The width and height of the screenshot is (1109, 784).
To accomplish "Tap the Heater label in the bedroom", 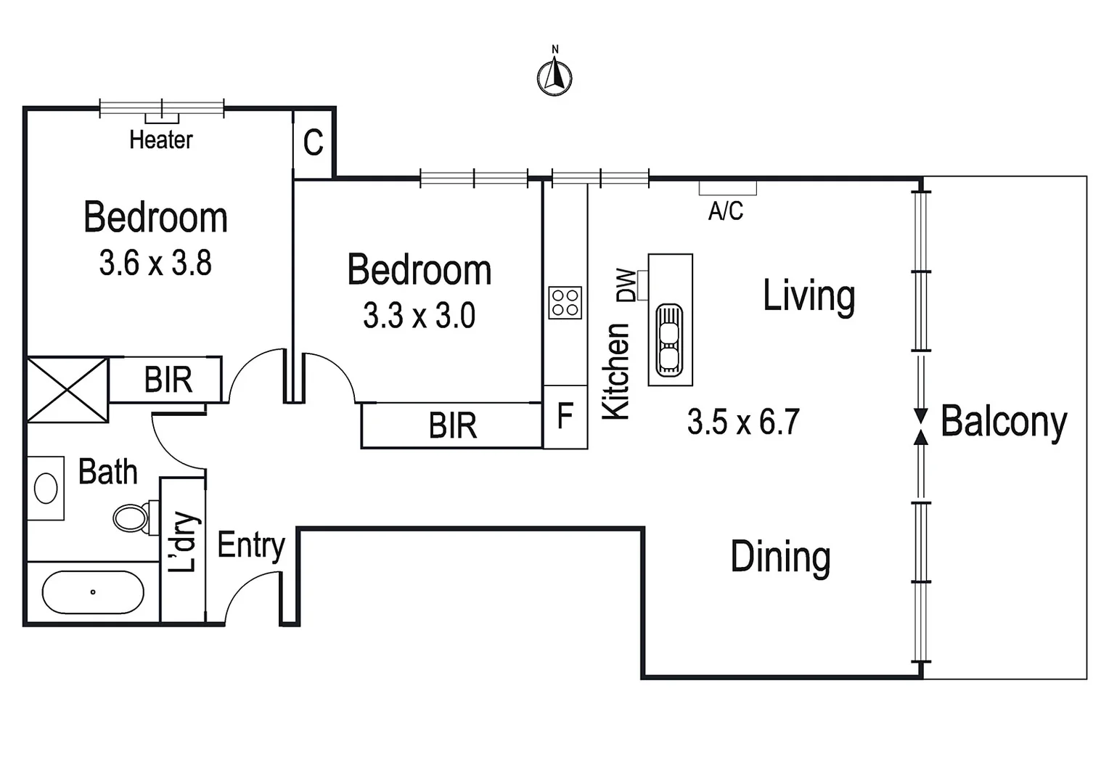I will point(161,139).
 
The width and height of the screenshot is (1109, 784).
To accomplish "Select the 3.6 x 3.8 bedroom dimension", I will point(155,263).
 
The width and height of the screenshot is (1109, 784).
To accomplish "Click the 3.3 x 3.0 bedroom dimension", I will point(419,316).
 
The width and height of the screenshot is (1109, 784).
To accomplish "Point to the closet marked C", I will point(313,143).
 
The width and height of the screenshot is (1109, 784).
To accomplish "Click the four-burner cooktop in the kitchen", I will point(565,303).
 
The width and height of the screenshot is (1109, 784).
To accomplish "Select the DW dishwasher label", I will point(626,285).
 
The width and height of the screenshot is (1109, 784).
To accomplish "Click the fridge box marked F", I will point(565,417).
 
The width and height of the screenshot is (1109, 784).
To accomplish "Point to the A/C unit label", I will point(726,211).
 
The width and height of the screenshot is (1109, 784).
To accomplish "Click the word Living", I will point(809,295).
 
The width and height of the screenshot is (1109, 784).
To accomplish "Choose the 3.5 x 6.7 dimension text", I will point(743,422).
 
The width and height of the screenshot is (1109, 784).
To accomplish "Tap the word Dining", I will point(780,557).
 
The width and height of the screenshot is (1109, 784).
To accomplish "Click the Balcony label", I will point(1004,421).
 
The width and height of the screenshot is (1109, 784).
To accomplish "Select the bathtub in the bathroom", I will point(93,592).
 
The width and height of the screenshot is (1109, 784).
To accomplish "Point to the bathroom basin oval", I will point(46,488).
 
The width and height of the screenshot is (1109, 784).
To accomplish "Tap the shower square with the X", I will point(67,389).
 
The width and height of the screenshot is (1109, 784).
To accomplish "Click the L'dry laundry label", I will point(182,542).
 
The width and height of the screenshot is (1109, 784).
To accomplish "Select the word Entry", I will point(251,545).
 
